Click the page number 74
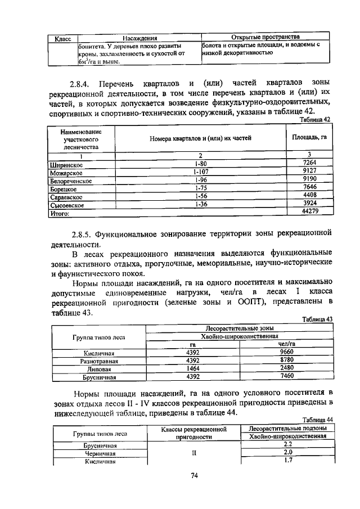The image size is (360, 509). click(x=194, y=476)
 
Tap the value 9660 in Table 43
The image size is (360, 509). click(x=287, y=353)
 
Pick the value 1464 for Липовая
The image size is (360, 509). click(x=193, y=368)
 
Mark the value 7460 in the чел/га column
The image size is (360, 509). click(x=287, y=376)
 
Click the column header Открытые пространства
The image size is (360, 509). click(x=265, y=36)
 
